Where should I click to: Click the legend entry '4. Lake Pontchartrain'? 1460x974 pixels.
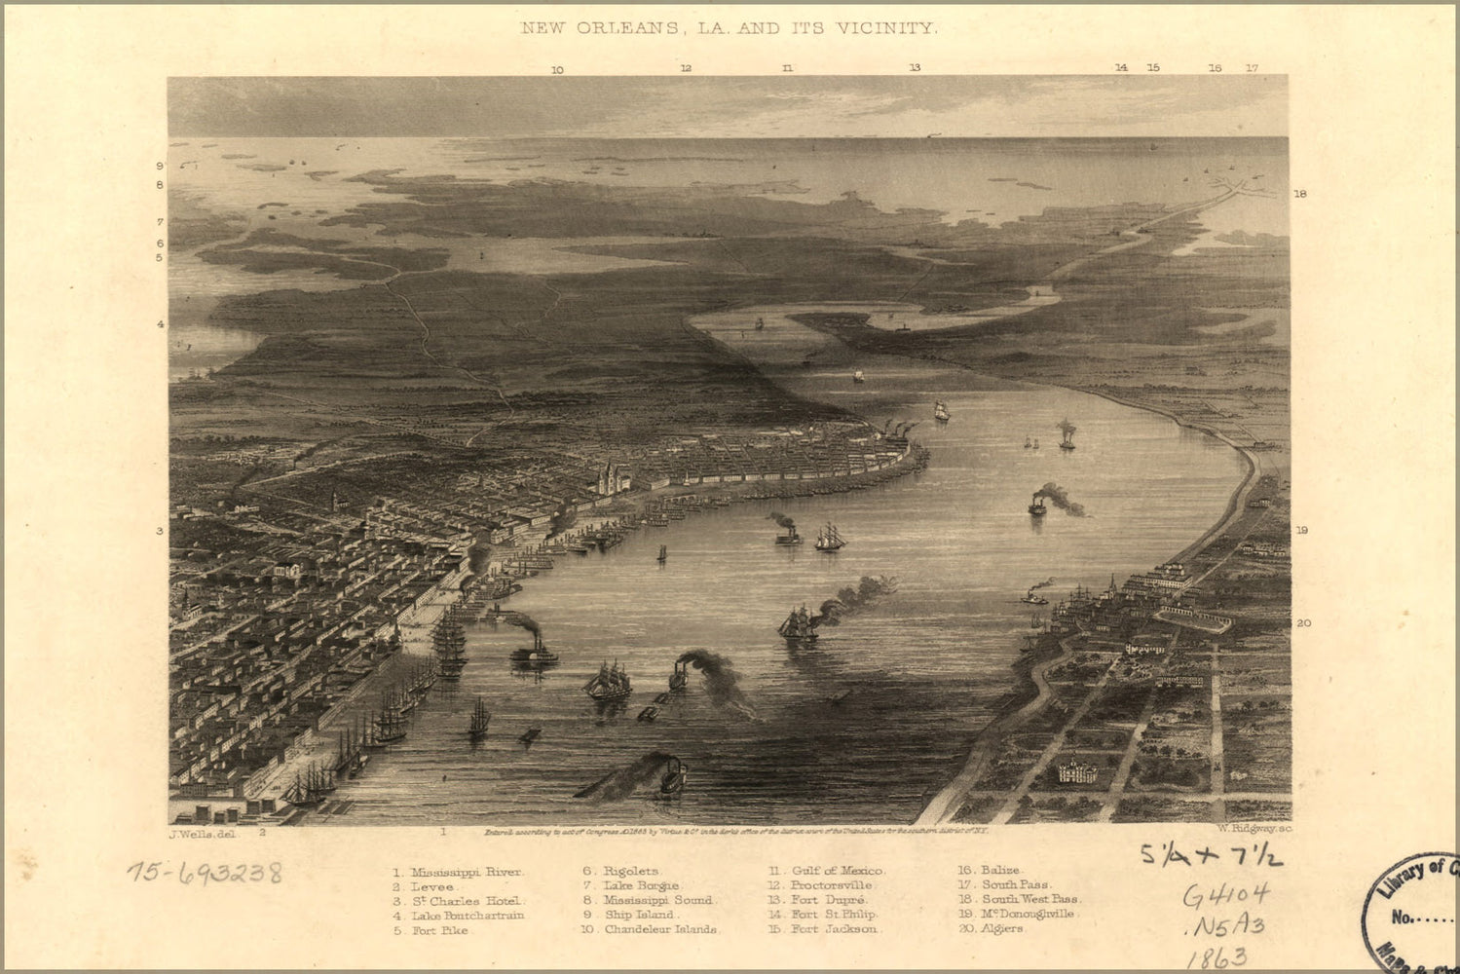[x=459, y=916]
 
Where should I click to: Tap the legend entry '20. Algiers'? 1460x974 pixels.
[x=990, y=929]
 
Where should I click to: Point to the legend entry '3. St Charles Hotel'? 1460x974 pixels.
[x=459, y=901]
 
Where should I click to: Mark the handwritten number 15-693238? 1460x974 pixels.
[x=205, y=872]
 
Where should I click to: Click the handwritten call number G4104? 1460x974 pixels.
[x=1225, y=894]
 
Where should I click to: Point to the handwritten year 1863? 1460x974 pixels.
[x=1217, y=956]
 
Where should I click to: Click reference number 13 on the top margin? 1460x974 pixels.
[x=915, y=68]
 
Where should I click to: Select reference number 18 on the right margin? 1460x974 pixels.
[x=1300, y=194]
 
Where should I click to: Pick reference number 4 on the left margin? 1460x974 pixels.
[x=162, y=323]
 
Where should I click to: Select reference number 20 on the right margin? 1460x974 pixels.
[x=1303, y=623]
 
